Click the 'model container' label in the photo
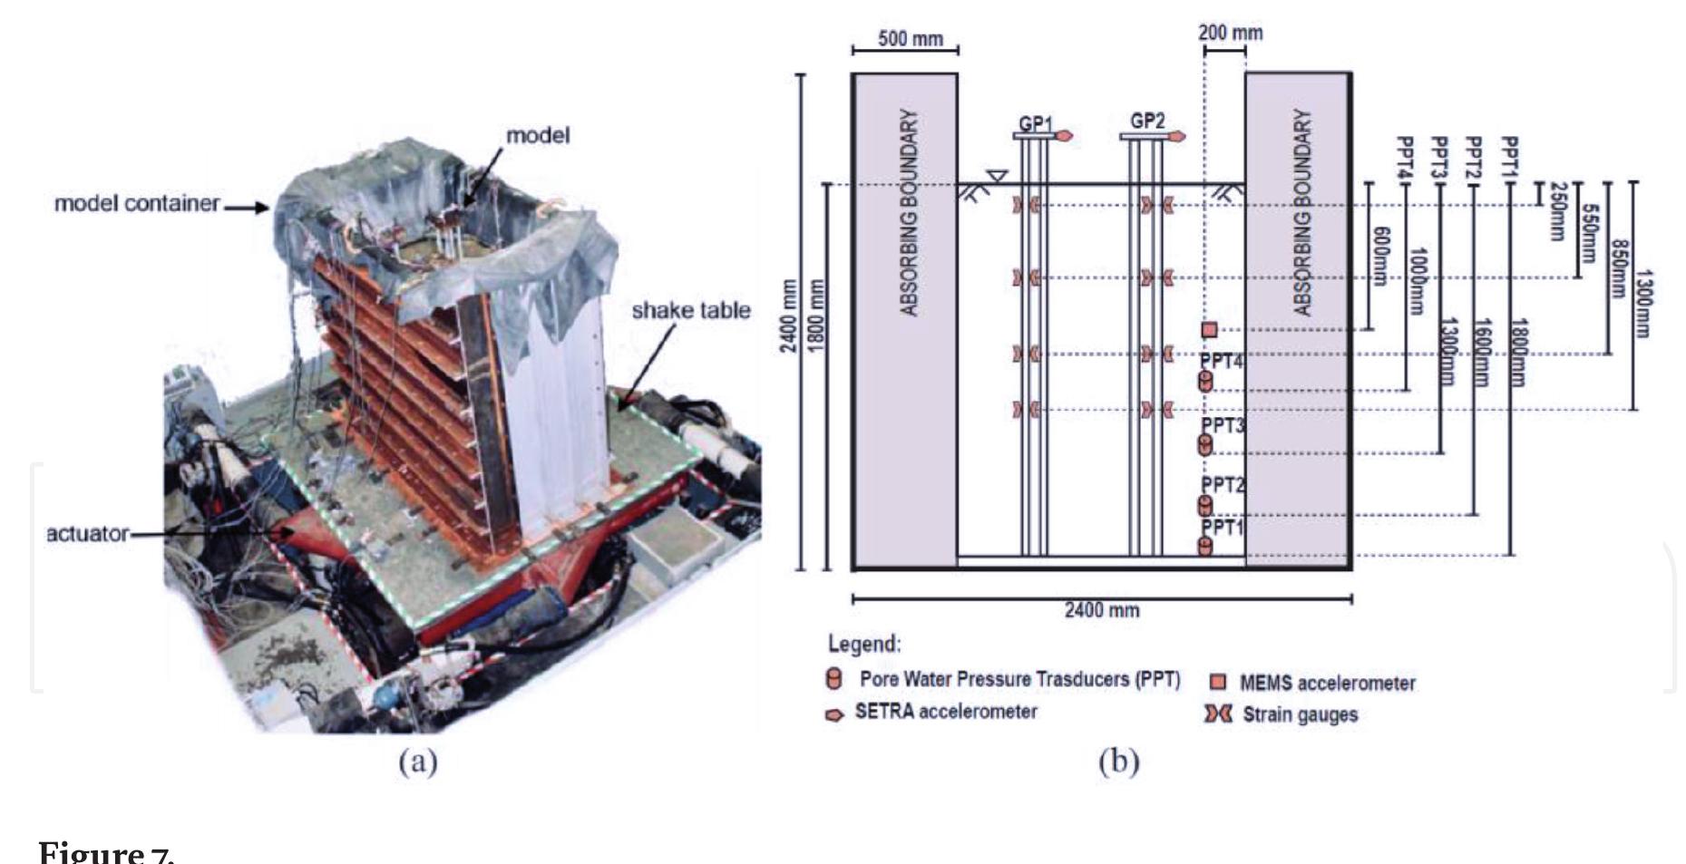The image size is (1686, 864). click(x=137, y=203)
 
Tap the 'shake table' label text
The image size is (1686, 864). click(x=690, y=311)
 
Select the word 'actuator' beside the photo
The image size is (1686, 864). click(x=87, y=534)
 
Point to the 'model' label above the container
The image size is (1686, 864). click(x=538, y=136)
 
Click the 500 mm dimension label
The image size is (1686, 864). click(x=910, y=39)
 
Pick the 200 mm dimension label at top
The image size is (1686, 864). click(x=1230, y=33)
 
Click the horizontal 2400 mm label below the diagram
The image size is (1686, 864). click(x=1101, y=610)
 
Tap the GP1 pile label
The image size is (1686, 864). click(x=1035, y=121)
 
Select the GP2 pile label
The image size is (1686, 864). click(x=1147, y=120)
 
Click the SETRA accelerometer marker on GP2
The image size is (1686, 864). click(x=1176, y=136)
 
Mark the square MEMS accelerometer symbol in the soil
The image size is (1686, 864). click(x=1209, y=330)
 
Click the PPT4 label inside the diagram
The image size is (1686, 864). click(x=1221, y=361)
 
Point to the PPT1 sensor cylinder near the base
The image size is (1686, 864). click(x=1205, y=546)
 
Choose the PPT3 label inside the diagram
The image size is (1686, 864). click(x=1223, y=424)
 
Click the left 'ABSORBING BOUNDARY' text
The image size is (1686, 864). click(x=909, y=213)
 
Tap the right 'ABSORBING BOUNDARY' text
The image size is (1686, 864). click(x=1301, y=213)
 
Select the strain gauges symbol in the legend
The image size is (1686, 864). click(x=1217, y=714)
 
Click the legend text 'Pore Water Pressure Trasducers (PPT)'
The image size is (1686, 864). click(x=1019, y=679)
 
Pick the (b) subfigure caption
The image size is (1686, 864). click(x=1118, y=762)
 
